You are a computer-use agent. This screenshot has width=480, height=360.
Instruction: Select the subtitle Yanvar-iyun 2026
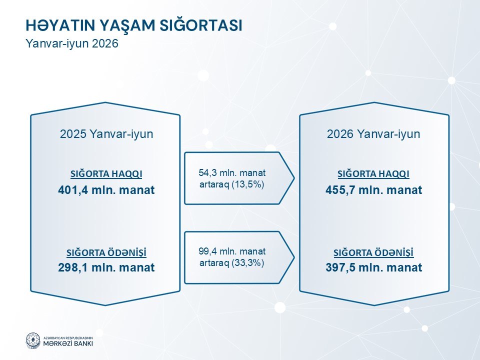click(72, 43)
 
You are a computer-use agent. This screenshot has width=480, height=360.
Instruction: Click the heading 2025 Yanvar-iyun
click(106, 134)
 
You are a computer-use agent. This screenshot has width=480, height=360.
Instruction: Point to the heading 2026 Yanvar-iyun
click(373, 134)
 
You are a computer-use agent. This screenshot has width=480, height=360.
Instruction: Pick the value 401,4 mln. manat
click(106, 190)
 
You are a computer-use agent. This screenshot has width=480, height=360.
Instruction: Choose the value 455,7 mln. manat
click(374, 190)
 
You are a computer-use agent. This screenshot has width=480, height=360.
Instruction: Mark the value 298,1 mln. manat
click(106, 267)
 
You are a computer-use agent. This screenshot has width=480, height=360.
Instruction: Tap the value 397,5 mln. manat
click(374, 267)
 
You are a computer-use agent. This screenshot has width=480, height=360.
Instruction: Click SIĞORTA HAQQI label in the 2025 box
click(106, 174)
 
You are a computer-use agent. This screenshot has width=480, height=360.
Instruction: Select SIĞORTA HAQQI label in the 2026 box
click(373, 174)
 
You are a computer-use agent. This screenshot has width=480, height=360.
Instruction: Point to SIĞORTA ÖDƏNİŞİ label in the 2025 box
click(106, 252)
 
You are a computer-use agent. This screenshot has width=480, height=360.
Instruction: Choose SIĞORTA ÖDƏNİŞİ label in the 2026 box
click(373, 252)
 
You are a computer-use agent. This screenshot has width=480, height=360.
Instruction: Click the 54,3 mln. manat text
click(232, 173)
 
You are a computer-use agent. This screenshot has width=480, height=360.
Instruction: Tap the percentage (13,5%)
click(248, 184)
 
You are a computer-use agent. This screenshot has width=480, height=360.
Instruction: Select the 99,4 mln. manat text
click(232, 251)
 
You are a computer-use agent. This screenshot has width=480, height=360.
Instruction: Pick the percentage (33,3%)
click(248, 263)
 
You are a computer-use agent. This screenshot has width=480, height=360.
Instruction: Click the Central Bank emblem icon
click(33, 340)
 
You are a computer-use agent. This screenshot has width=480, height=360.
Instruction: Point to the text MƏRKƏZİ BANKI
click(68, 343)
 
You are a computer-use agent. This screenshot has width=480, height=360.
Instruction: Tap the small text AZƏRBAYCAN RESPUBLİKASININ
click(68, 337)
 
